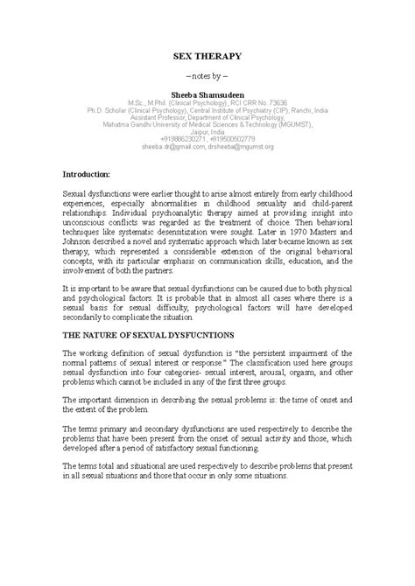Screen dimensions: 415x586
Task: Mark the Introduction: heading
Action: click(x=96, y=174)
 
